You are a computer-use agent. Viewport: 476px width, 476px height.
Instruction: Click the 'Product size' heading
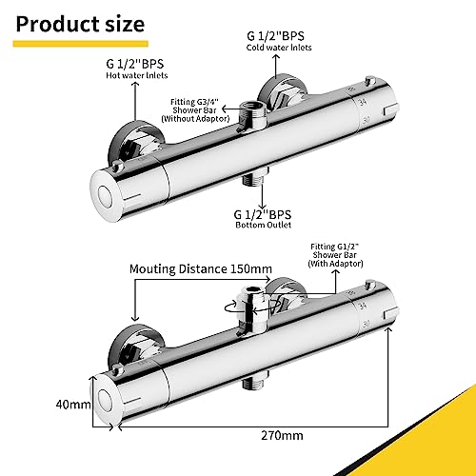click(x=80, y=25)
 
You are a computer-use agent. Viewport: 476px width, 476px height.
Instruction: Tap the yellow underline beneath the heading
click(x=81, y=44)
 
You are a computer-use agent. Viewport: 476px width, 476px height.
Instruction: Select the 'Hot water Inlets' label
click(x=137, y=75)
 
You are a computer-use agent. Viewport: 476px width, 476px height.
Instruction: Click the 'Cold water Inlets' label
click(x=279, y=48)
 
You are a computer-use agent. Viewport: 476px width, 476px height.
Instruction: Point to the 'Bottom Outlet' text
click(x=264, y=225)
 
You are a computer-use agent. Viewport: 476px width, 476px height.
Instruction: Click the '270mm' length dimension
click(x=282, y=435)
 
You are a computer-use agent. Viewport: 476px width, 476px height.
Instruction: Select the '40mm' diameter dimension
click(x=73, y=405)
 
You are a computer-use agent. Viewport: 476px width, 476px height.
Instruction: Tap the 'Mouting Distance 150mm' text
click(x=201, y=269)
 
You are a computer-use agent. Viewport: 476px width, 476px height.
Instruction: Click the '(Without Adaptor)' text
click(x=195, y=119)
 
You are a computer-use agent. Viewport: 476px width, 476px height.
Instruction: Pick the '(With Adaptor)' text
click(x=335, y=264)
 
